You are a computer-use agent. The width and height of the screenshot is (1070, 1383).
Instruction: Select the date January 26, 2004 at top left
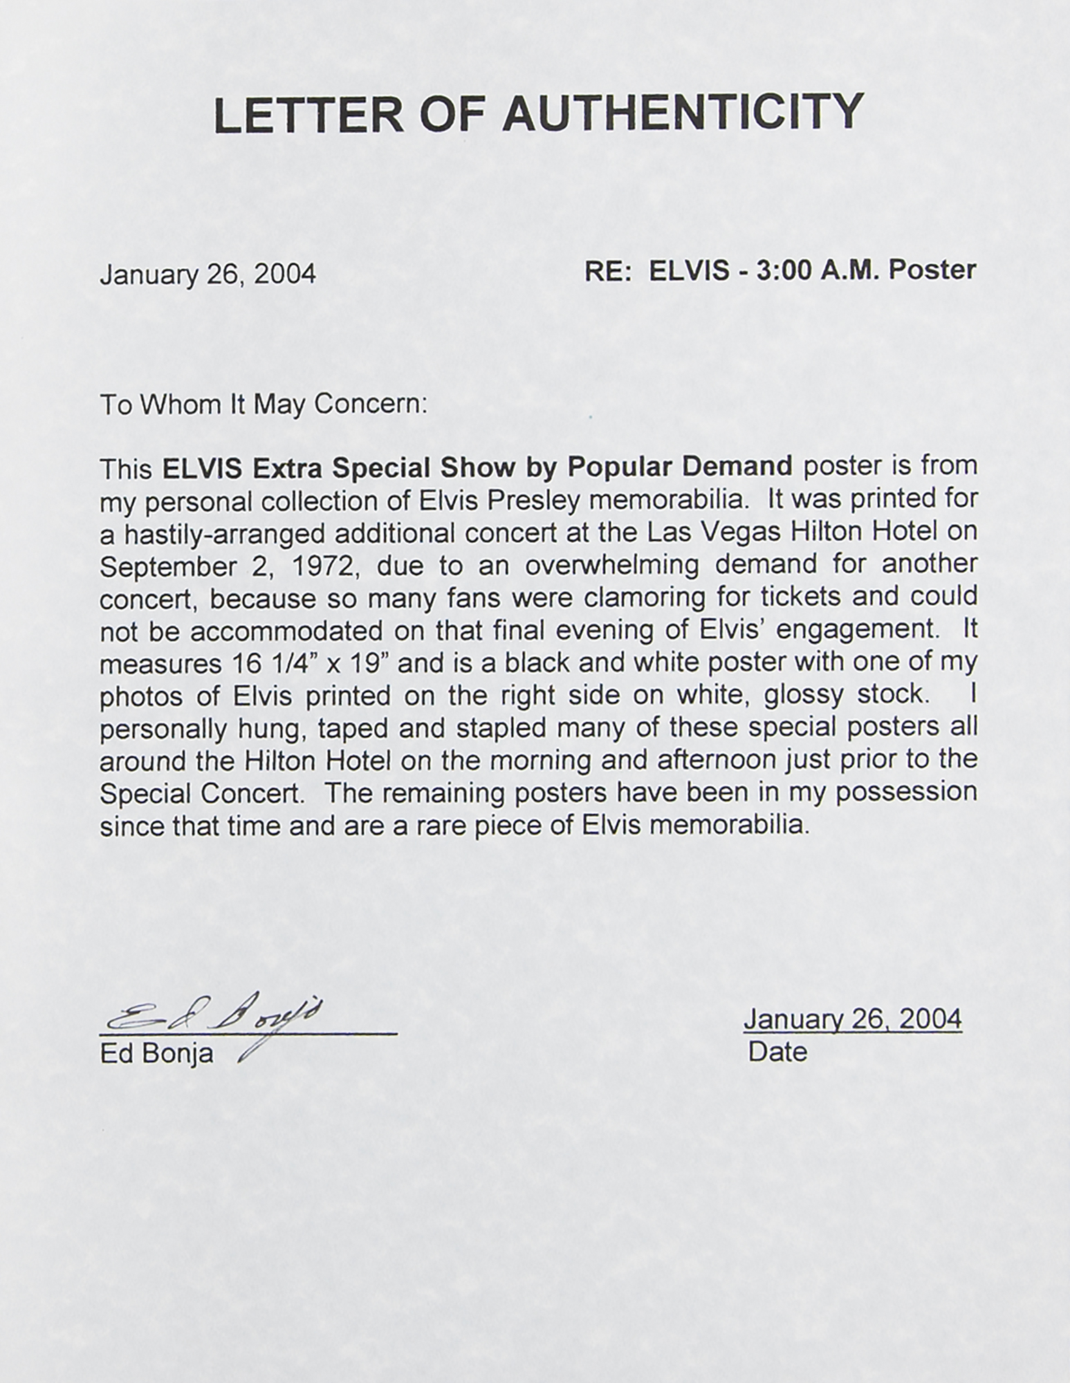pos(208,275)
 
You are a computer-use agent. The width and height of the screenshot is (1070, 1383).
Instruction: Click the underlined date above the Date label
pos(852,1019)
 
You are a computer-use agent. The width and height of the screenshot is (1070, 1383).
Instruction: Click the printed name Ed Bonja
pos(157,1054)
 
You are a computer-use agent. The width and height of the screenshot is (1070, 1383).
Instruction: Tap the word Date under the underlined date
pos(777,1052)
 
